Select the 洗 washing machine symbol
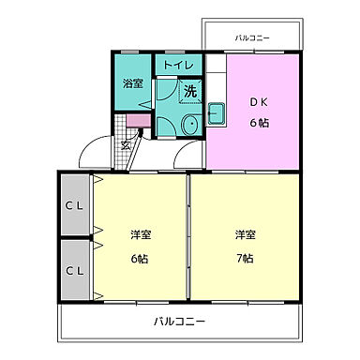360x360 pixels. pos(189,92)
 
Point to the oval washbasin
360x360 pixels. pos(188,124)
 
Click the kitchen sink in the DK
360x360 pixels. pos(216,115)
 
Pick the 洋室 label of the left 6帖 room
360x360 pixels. pos(140,233)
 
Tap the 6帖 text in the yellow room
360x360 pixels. pos(140,258)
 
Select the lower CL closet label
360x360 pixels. pos(75,270)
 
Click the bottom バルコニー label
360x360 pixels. pos(179,322)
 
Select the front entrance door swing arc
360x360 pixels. pos(94,152)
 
